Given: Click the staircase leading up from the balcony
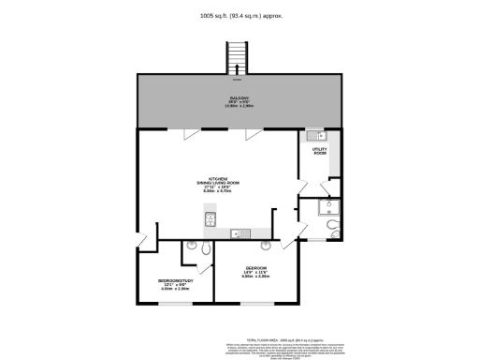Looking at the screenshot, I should click(239, 59).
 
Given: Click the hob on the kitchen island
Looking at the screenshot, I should click(210, 219).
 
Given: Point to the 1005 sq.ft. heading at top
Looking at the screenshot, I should click(239, 15).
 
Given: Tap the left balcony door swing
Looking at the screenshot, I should click(191, 134).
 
